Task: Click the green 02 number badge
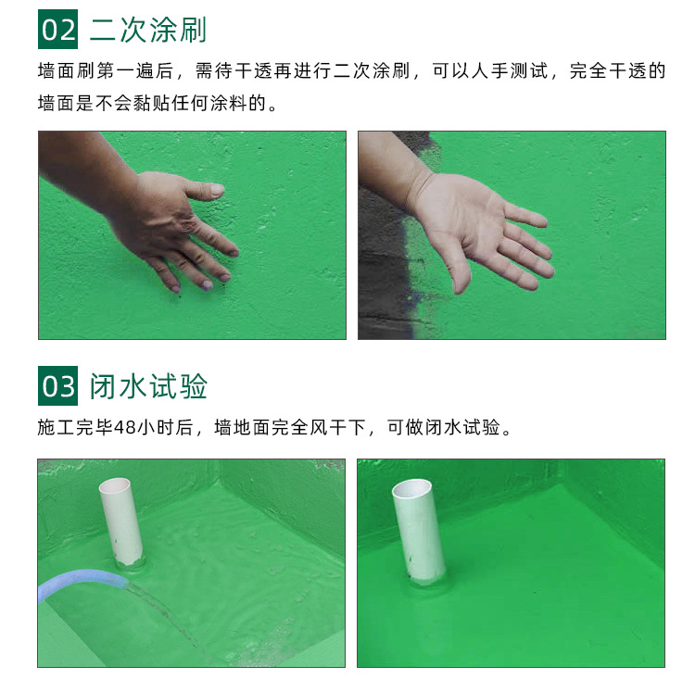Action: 57,30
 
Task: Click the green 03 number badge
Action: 57,385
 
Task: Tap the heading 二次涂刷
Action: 148,30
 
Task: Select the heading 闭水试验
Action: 148,386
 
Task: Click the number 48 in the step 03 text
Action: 124,427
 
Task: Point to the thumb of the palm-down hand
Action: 205,190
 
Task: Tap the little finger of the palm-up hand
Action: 526,216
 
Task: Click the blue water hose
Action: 80,582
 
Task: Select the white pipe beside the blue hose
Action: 121,522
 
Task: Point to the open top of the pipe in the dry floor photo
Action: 411,489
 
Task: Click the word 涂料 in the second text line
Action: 229,103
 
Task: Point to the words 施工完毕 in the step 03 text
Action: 75,427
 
